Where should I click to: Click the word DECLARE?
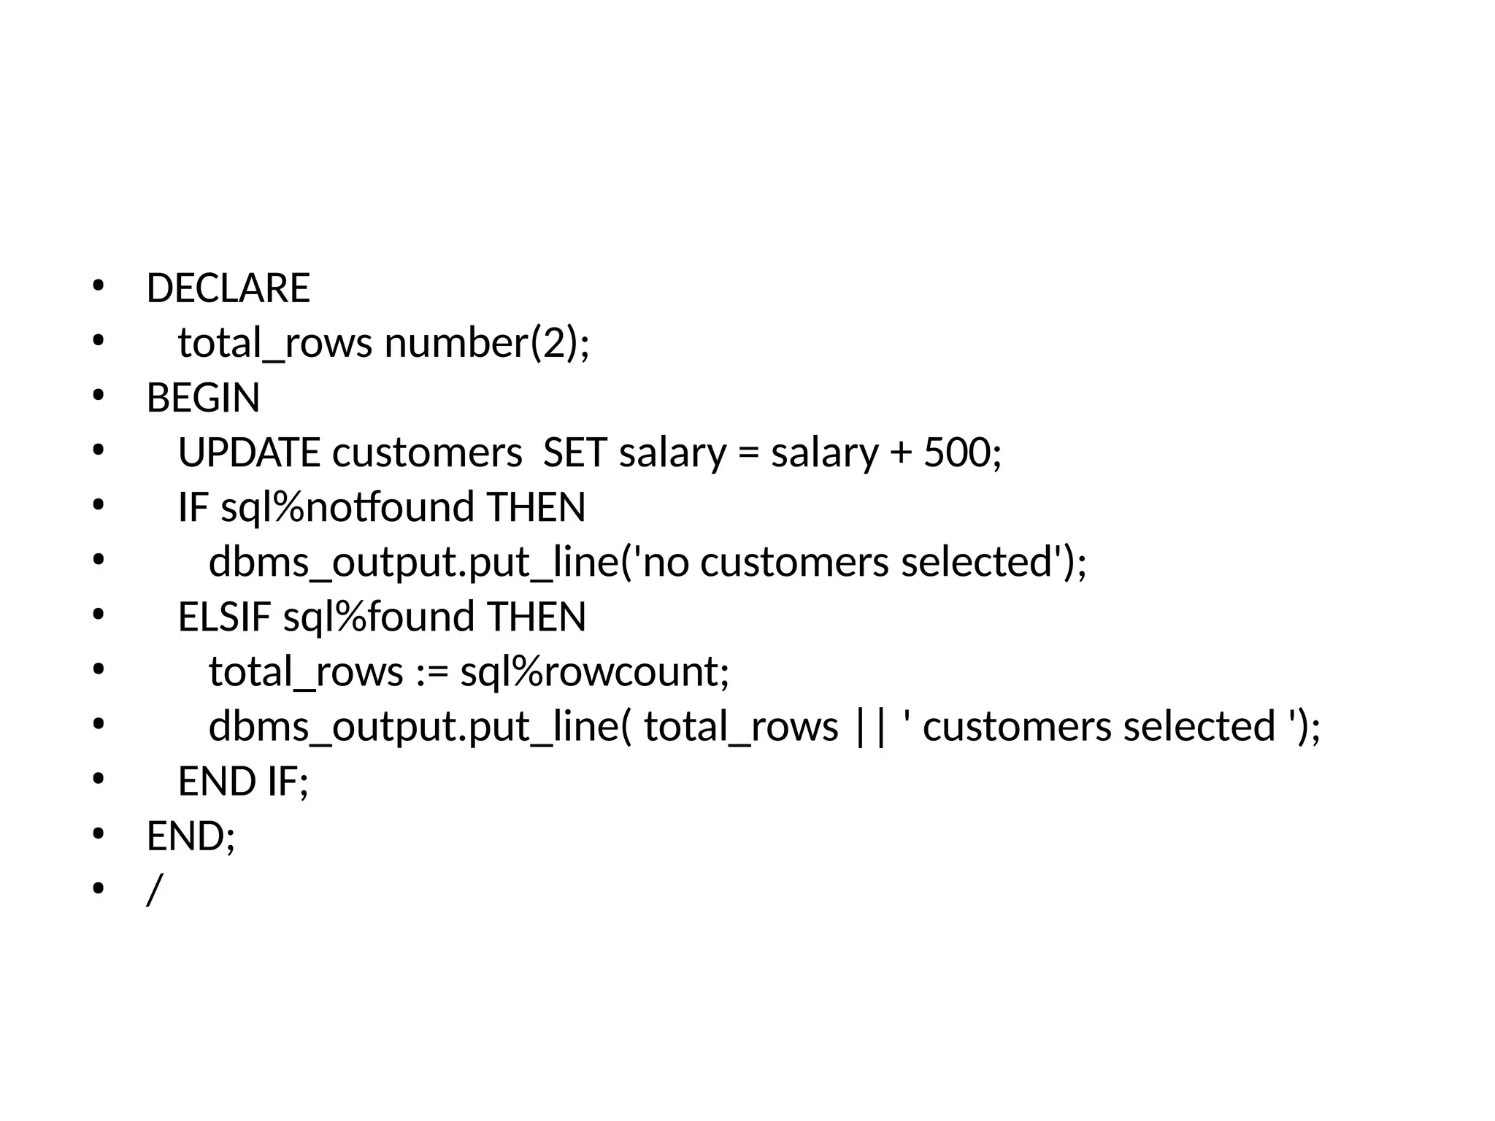228,288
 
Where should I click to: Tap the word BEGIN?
203,398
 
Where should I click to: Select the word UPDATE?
249,452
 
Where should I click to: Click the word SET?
574,452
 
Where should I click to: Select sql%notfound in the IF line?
347,507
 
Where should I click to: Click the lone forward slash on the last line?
153,890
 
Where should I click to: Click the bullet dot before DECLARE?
99,286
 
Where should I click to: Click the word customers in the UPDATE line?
427,452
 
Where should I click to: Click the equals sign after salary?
748,454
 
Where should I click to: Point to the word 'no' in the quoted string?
666,563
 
